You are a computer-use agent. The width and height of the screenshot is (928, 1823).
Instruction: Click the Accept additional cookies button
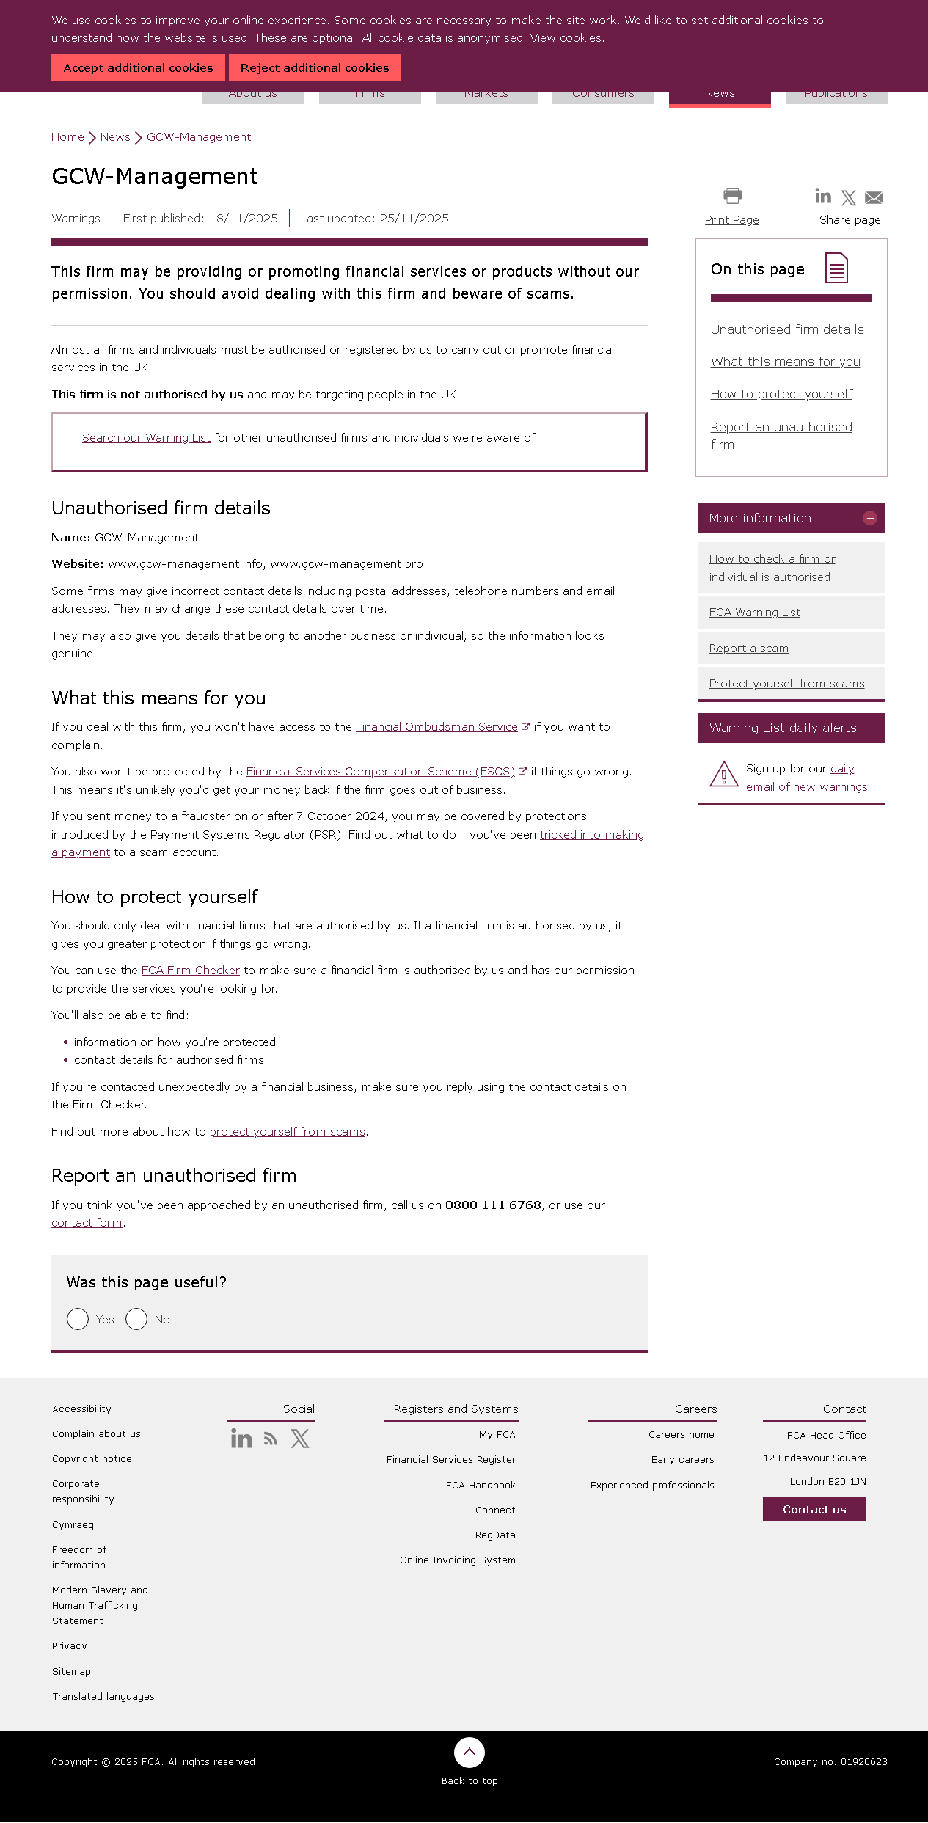click(x=138, y=67)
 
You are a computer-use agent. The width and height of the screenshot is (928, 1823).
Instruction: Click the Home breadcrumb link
click(x=67, y=137)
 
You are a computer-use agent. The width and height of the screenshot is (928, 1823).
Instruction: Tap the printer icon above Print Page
click(x=732, y=196)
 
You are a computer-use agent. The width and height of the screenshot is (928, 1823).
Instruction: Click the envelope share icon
click(x=874, y=197)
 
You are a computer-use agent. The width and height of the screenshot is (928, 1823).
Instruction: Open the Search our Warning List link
click(x=146, y=438)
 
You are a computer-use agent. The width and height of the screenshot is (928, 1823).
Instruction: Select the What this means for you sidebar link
click(x=785, y=362)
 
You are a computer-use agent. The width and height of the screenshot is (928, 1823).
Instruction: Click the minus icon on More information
click(x=870, y=518)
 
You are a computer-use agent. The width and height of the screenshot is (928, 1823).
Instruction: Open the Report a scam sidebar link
click(x=748, y=649)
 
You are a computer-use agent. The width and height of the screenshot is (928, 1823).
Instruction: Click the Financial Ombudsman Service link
click(x=436, y=727)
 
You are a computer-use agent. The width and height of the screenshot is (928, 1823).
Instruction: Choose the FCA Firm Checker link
click(x=191, y=971)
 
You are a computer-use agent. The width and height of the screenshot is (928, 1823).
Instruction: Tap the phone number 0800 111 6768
click(x=493, y=1205)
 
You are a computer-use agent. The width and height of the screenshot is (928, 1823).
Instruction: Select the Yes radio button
click(x=78, y=1319)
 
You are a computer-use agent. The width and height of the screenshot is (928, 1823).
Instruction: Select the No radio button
click(x=136, y=1319)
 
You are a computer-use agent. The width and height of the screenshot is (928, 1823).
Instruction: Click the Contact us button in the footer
click(x=814, y=1509)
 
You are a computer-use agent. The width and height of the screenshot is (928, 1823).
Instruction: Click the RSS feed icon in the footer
click(x=271, y=1439)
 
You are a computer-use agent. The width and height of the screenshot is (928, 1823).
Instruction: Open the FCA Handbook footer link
click(x=481, y=1485)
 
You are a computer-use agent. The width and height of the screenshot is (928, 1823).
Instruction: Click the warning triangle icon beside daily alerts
click(x=724, y=774)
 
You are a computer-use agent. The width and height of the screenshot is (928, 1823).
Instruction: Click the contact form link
click(x=87, y=1223)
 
